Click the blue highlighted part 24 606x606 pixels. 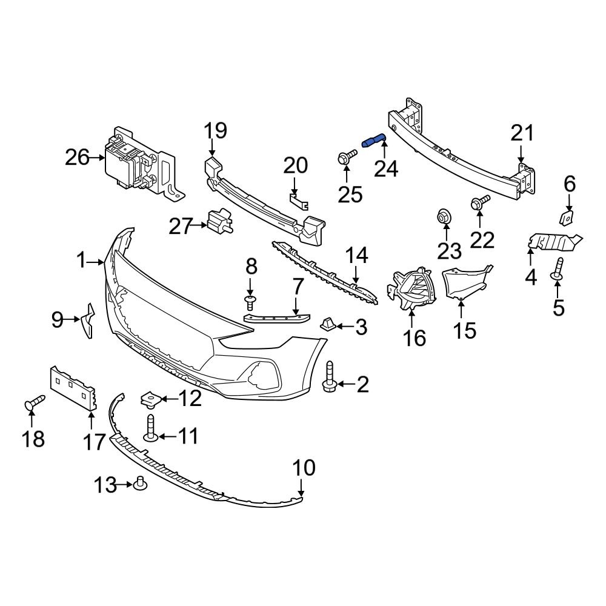pyautogui.click(x=373, y=141)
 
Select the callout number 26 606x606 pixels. pyautogui.click(x=78, y=158)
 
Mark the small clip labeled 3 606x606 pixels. pyautogui.click(x=328, y=324)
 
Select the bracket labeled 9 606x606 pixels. pyautogui.click(x=87, y=319)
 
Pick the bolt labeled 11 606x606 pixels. pyautogui.click(x=150, y=428)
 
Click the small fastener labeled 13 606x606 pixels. pyautogui.click(x=142, y=484)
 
